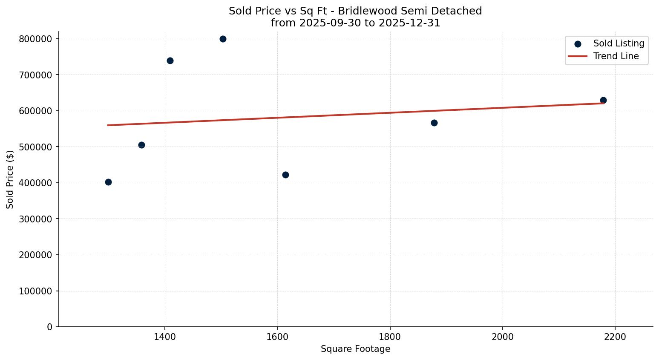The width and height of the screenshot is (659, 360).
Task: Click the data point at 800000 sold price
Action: click(223, 39)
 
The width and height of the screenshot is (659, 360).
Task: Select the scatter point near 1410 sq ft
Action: click(170, 60)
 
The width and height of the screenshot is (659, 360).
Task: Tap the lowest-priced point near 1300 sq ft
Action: click(108, 182)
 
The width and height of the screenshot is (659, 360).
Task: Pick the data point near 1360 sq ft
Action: click(141, 145)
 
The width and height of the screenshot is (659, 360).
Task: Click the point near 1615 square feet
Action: click(285, 175)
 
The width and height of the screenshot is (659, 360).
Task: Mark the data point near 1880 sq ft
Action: click(434, 123)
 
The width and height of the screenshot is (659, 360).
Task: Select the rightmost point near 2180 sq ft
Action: click(603, 100)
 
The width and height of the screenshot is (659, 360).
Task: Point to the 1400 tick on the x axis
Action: click(165, 337)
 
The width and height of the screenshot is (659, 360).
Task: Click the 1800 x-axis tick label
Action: click(390, 337)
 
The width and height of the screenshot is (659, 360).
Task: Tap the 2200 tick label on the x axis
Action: click(615, 337)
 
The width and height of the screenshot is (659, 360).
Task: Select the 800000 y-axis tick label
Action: click(36, 39)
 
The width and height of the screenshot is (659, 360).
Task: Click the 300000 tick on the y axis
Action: click(36, 219)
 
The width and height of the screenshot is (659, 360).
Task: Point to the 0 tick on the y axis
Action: click(50, 327)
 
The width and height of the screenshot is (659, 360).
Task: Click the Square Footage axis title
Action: click(355, 349)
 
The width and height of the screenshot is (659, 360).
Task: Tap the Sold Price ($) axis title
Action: click(10, 179)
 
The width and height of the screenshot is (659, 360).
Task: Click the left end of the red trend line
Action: click(108, 125)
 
